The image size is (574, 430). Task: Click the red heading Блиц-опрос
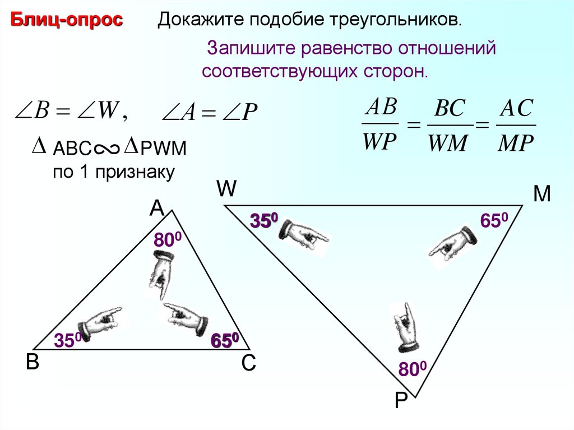[67, 21]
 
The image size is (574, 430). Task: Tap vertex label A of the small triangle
[156, 209]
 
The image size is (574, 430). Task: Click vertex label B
[32, 363]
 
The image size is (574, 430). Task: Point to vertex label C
[248, 364]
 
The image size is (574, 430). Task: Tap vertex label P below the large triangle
[400, 401]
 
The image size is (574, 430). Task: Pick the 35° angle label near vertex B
[68, 340]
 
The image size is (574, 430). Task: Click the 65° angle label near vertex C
[225, 340]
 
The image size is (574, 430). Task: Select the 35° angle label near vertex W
[265, 221]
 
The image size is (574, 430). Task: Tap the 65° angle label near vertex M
[494, 221]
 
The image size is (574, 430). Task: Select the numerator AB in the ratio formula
[380, 107]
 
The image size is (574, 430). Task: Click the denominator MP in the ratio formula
[517, 144]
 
